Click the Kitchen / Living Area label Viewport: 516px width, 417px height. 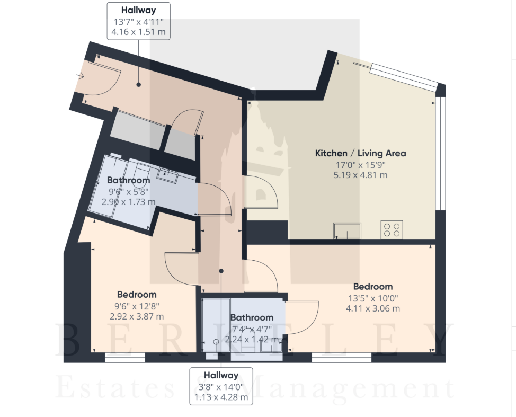[x=360, y=153]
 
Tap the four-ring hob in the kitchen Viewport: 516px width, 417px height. [x=392, y=229]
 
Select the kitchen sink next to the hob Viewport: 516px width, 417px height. [x=347, y=231]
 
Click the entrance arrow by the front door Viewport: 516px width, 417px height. [x=81, y=76]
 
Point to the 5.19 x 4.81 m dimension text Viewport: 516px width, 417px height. [x=360, y=175]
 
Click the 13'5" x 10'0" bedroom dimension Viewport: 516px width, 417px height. [x=373, y=298]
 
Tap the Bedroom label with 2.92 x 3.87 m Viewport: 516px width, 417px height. [x=137, y=295]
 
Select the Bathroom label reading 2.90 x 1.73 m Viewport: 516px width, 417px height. [x=128, y=180]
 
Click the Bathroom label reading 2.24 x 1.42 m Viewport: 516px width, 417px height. [x=252, y=317]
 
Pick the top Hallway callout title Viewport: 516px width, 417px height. [x=139, y=10]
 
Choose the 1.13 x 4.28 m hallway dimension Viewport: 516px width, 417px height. [x=221, y=397]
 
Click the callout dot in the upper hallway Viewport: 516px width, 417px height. [x=139, y=85]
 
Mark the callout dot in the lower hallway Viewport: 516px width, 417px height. [x=221, y=271]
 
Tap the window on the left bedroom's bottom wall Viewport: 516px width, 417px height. [x=125, y=358]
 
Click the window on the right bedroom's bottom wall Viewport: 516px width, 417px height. [x=342, y=358]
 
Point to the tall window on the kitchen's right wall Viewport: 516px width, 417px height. [x=440, y=153]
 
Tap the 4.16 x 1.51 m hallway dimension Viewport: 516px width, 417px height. [x=139, y=32]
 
